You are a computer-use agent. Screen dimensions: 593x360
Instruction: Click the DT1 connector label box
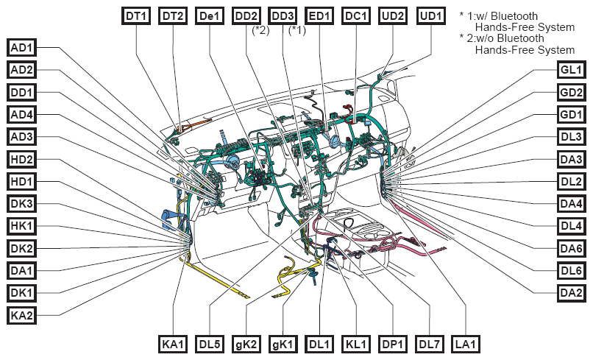(x=136, y=16)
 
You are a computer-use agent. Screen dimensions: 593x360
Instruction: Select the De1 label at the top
(x=210, y=16)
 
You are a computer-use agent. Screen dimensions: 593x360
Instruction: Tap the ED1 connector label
(x=319, y=16)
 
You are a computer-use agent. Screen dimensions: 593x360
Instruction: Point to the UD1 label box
(x=431, y=16)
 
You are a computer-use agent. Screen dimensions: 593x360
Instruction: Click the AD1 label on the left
(x=21, y=48)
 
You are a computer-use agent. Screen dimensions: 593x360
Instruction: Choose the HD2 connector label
(x=21, y=159)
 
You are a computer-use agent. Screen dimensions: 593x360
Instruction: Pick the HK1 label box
(x=21, y=226)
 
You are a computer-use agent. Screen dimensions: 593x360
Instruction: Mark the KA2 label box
(x=21, y=315)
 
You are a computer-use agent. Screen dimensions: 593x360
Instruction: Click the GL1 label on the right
(x=571, y=70)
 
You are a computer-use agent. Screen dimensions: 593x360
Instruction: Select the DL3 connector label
(x=571, y=137)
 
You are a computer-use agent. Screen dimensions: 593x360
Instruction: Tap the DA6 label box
(x=571, y=248)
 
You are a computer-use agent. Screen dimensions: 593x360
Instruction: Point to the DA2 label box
(x=571, y=292)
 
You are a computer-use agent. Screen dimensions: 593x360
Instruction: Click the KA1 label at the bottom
(x=173, y=345)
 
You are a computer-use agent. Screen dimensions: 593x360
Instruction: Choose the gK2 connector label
(x=246, y=345)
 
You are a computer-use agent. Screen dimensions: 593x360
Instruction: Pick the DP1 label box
(x=393, y=345)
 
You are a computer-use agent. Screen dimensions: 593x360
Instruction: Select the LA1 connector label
(x=466, y=345)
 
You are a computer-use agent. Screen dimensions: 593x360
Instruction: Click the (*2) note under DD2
(x=261, y=30)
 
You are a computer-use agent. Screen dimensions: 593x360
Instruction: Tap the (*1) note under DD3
(x=297, y=30)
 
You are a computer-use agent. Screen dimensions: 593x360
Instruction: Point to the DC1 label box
(x=356, y=16)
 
